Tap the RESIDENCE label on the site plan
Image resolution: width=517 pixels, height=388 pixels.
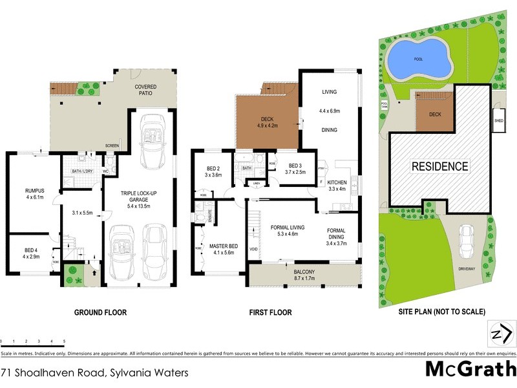point(439,166)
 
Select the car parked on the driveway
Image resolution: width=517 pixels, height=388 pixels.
point(465,241)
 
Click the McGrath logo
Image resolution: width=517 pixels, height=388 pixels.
point(470,369)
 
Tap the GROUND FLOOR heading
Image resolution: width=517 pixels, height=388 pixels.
point(100,312)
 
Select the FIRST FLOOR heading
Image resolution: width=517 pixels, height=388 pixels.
point(271,312)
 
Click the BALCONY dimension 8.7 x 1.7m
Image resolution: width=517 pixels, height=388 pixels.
point(299,281)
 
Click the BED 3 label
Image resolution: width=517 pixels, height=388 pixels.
point(295,166)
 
